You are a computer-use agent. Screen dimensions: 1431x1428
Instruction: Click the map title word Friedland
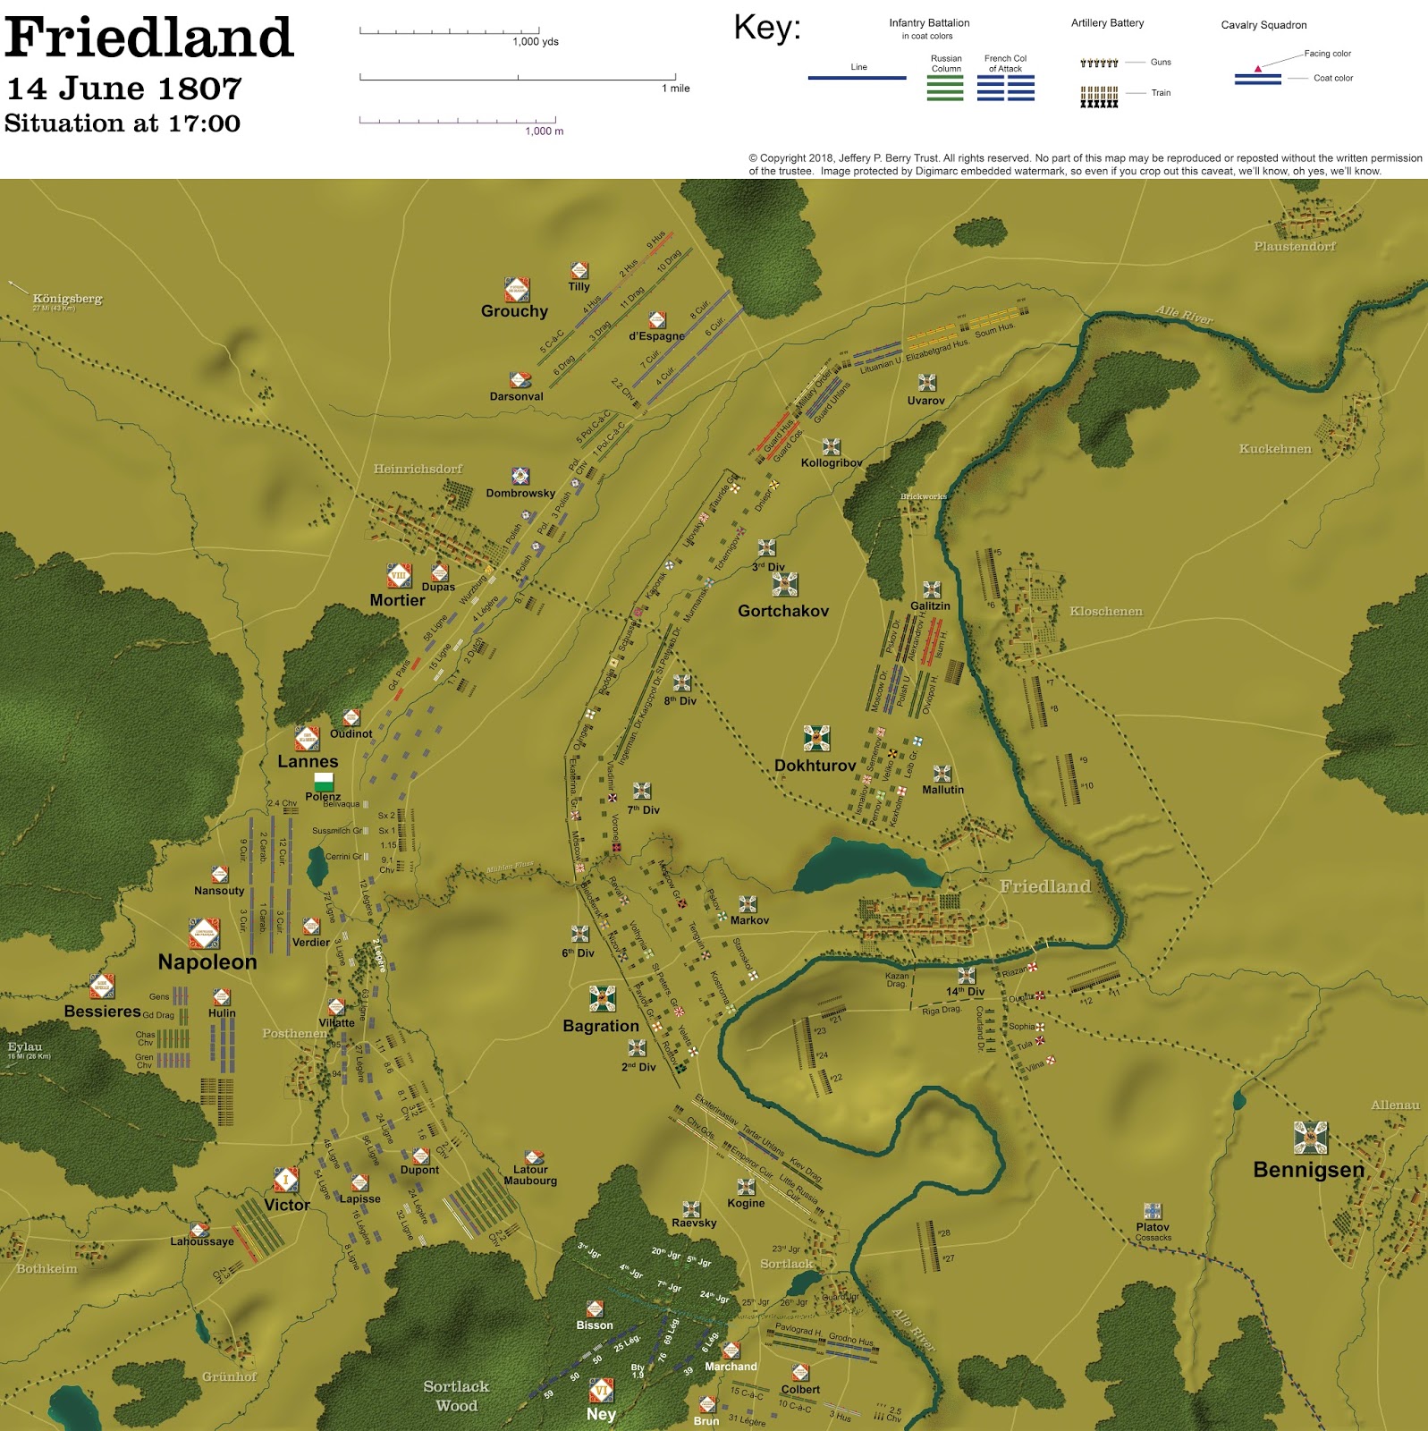tap(149, 38)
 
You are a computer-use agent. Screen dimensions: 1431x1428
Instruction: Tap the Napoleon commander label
tap(207, 961)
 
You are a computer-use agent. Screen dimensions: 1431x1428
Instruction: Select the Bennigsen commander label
tap(1308, 1170)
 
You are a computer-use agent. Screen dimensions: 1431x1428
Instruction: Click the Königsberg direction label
tap(67, 299)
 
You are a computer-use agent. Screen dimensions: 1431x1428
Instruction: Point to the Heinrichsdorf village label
tap(418, 469)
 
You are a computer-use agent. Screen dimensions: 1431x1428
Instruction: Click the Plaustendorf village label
tap(1294, 246)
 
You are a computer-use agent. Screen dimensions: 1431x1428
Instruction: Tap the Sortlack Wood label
tap(456, 1395)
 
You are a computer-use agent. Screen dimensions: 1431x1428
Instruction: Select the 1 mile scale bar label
tap(675, 89)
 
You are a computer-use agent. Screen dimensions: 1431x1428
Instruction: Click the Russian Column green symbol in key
tap(945, 88)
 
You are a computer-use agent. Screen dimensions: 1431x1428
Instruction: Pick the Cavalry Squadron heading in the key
tap(1263, 25)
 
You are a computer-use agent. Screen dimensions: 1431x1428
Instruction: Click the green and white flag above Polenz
tap(323, 783)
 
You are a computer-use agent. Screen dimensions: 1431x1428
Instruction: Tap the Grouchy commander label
tap(514, 311)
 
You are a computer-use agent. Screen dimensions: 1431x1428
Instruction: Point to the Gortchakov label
tap(783, 611)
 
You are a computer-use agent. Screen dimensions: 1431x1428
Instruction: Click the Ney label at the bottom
tap(601, 1414)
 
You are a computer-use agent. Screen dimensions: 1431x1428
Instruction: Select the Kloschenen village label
tap(1106, 611)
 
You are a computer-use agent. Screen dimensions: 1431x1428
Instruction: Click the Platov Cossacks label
tap(1153, 1230)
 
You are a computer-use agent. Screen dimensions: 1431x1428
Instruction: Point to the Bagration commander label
tap(601, 1026)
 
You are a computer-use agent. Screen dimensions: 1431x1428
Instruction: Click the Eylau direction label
tap(25, 1046)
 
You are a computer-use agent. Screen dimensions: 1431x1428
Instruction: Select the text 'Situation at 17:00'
tap(123, 123)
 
